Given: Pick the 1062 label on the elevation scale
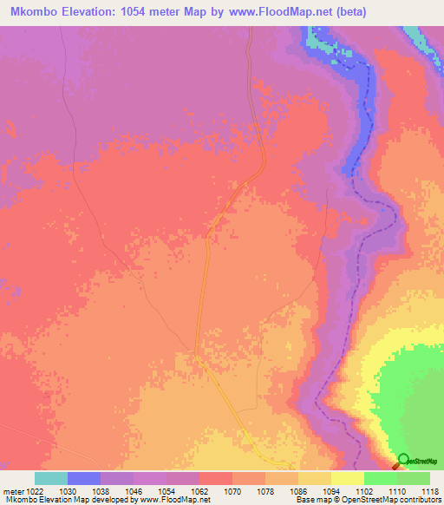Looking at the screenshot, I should click(x=199, y=490).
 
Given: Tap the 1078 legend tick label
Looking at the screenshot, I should click(x=265, y=490).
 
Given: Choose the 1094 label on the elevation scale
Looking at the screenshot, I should click(x=331, y=490).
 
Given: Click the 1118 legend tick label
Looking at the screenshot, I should click(x=428, y=490).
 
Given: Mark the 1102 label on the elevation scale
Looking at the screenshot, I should click(x=364, y=490).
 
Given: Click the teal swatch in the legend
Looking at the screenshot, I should click(x=51, y=478).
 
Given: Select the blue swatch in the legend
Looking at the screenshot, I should click(x=84, y=478).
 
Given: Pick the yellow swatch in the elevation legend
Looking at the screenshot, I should click(x=348, y=478).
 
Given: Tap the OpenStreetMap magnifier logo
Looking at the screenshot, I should click(x=403, y=460).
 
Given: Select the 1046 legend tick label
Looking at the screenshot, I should click(x=134, y=490).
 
